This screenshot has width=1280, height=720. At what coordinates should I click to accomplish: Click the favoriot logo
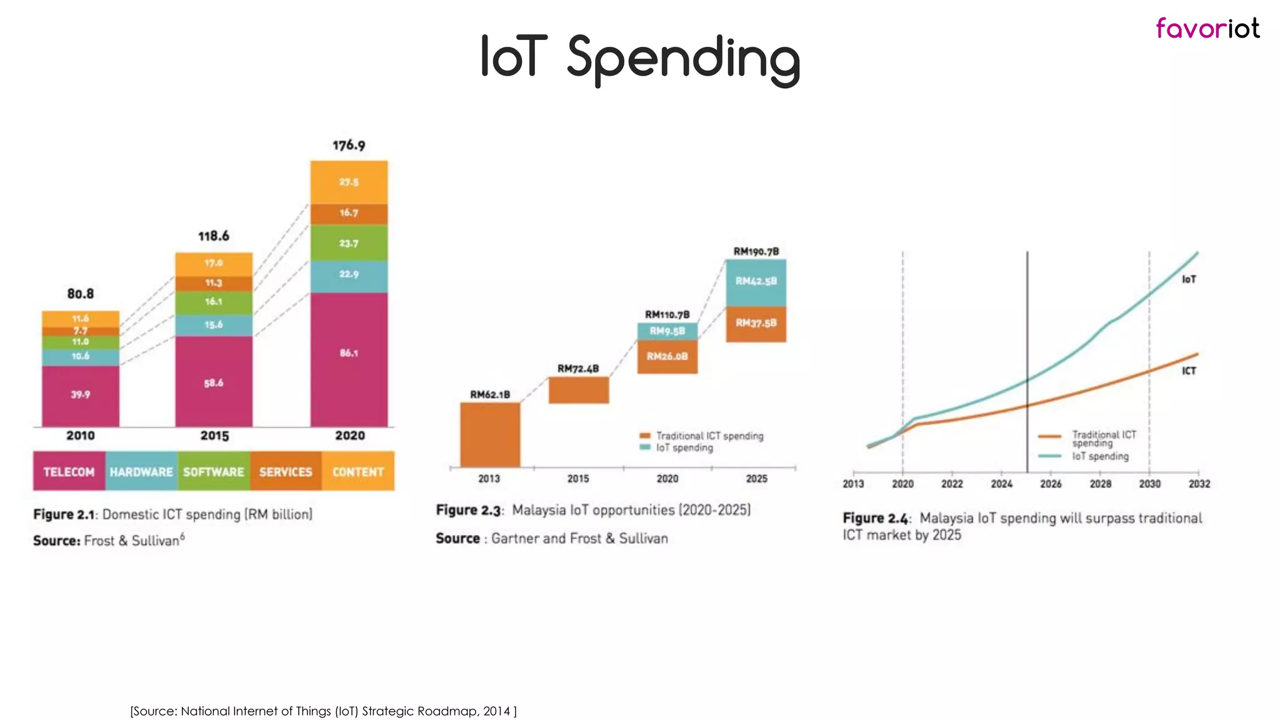pos(1207,29)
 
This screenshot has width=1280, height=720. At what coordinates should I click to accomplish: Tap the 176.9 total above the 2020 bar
pos(349,146)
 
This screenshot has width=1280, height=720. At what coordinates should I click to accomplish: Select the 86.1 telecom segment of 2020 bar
pos(349,354)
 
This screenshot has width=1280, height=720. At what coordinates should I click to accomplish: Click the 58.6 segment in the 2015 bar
pos(213,382)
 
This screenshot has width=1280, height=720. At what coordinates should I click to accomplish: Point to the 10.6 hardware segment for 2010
pos(81,356)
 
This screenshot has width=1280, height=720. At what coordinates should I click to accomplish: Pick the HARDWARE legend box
pos(141,472)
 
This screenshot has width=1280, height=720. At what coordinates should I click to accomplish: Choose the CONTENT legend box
pos(358,472)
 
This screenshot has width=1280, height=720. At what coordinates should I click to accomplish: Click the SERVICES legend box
pos(286,472)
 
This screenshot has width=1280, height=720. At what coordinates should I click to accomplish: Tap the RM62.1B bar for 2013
pos(490,434)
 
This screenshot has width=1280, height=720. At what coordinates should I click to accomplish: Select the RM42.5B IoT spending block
pos(756,282)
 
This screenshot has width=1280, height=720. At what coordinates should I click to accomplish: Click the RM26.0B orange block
pos(667,357)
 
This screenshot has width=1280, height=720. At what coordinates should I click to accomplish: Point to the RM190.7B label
pos(756,251)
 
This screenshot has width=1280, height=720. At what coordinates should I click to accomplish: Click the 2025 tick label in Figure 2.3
pos(756,479)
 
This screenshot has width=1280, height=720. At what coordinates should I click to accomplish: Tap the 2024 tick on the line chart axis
pos(1001,484)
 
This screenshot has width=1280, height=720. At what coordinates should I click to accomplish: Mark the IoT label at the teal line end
pos(1188,279)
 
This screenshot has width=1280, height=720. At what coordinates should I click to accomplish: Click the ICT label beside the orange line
pos(1188,371)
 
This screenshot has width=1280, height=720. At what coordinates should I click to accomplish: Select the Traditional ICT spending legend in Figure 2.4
pos(1103,438)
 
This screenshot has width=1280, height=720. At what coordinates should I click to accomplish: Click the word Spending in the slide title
pos(683,59)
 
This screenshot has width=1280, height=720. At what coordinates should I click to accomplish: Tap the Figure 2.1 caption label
pos(64,514)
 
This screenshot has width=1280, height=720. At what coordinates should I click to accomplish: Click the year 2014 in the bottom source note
pos(496,711)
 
